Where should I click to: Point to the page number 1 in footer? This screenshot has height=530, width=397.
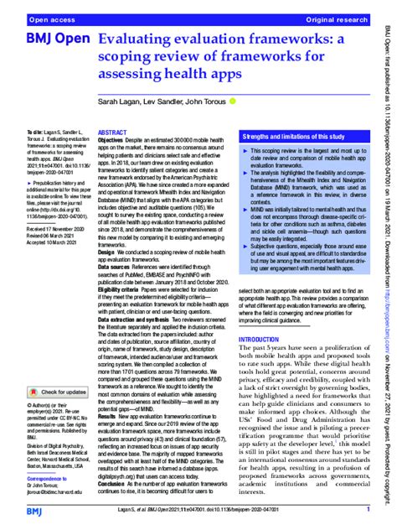click(367, 508)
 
